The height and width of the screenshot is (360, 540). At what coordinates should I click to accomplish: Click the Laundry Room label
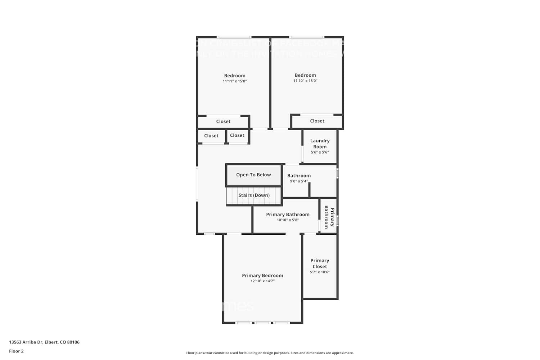[x=320, y=144]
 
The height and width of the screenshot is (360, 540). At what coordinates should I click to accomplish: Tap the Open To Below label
[x=253, y=175]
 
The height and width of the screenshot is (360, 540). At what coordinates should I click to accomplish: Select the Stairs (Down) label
[x=254, y=195]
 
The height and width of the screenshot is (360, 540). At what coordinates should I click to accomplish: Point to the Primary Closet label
[x=320, y=264]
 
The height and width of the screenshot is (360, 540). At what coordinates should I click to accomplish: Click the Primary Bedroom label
[x=262, y=275]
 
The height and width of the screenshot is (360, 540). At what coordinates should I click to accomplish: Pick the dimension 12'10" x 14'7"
[x=262, y=281]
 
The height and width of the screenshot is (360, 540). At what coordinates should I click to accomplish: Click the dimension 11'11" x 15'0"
[x=235, y=81]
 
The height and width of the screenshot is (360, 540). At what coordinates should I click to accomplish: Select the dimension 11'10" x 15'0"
[x=305, y=81]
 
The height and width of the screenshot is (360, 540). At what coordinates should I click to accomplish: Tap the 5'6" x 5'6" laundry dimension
[x=320, y=152]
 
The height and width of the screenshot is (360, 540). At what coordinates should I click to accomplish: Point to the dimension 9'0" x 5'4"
[x=299, y=181]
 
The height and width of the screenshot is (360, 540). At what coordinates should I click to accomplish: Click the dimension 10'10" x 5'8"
[x=288, y=220]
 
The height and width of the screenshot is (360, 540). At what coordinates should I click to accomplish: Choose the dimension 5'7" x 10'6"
[x=320, y=272]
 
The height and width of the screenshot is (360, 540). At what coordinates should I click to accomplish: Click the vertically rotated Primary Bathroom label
[x=329, y=217]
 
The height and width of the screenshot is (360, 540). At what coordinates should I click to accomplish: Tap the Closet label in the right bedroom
[x=317, y=121]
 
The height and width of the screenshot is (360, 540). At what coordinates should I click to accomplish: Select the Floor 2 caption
[x=16, y=351]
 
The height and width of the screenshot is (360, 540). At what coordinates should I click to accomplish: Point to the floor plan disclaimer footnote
[x=270, y=353]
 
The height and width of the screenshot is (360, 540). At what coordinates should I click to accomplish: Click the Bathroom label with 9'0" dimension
[x=299, y=176]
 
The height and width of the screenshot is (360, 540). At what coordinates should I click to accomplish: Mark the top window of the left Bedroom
[x=234, y=37]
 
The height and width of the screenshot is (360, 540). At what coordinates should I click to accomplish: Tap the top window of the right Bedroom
[x=306, y=37]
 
